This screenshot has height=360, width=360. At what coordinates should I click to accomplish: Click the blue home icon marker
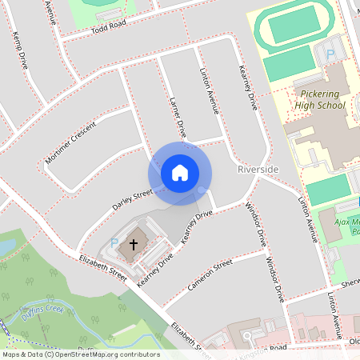179,173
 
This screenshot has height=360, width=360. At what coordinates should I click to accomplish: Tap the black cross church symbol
133,242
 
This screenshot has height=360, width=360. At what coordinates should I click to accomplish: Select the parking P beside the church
114,242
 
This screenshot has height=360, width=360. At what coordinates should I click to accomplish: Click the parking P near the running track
330,55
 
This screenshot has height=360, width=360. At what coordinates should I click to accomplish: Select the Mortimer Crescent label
70,143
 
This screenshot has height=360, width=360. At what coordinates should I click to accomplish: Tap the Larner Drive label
178,117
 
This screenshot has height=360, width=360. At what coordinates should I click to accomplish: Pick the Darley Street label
132,196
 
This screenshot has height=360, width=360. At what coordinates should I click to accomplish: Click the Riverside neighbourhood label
258,170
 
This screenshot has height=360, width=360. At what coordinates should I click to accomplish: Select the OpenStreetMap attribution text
80,354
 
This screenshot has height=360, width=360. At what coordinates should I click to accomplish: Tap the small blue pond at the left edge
4,248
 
